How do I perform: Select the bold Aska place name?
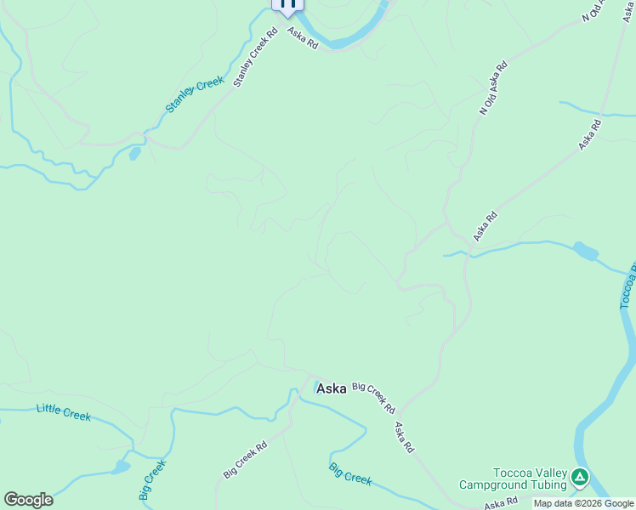coord(331,388)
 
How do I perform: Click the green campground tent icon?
coord(580,478)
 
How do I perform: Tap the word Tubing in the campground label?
coord(545,485)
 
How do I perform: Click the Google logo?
coord(28,500)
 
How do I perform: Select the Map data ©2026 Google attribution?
coord(584,503)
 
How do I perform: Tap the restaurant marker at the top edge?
coord(287,4)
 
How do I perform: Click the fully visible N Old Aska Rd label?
coord(494,88)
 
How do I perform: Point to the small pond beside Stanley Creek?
coord(134,154)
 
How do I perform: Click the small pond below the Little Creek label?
coord(119,467)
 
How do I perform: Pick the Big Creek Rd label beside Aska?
coord(374,397)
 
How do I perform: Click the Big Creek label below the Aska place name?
coord(350,474)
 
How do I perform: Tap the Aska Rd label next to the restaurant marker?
coord(302,38)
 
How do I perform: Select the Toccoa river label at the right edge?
coord(627,289)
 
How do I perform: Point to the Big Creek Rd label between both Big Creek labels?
coord(245,459)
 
